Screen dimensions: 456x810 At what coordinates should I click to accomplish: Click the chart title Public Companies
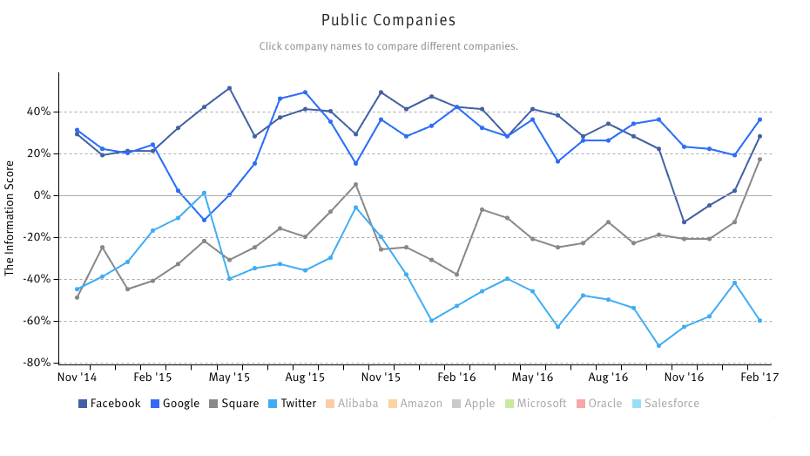coord(388,20)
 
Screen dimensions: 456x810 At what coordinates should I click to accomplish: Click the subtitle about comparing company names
coord(388,46)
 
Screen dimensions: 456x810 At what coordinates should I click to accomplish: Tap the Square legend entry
coord(233,404)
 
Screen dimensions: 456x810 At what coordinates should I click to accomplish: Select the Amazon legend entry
coord(415,404)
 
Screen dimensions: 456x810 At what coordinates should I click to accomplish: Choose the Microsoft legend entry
coord(536,404)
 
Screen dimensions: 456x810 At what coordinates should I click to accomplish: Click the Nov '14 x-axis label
coord(77,378)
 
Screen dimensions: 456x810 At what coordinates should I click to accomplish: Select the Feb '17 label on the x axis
coord(759,378)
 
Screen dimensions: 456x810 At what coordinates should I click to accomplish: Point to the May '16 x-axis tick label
coord(533,378)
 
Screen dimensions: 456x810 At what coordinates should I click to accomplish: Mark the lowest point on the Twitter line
coord(659,346)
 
